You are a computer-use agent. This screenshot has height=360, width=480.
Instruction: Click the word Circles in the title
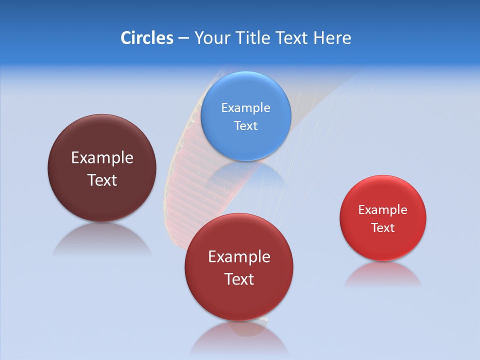pos(146,38)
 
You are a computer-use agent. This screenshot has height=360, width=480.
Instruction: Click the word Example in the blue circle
pos(245,107)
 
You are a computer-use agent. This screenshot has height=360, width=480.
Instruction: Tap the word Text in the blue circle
pos(245,125)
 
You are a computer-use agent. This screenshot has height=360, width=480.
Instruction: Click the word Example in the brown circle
pos(102,157)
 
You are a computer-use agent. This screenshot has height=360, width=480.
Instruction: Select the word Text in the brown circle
pos(102,180)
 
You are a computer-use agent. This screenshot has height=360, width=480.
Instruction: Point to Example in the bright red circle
pos(382,210)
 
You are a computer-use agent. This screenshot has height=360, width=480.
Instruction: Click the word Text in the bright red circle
pos(382,228)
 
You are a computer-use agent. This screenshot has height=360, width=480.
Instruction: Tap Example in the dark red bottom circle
pos(239,257)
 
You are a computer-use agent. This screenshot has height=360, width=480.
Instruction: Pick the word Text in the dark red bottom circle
pos(239,279)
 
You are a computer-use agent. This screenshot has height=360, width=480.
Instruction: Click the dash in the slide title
pos(183,38)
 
